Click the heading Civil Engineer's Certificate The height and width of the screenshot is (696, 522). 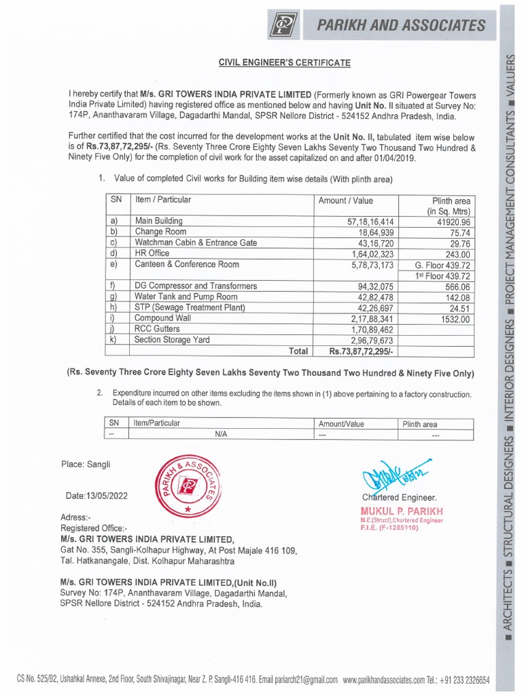(284, 63)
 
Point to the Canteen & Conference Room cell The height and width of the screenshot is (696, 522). (187, 264)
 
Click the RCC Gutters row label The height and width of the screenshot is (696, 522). (158, 328)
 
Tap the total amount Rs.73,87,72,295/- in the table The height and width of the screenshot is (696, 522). (357, 351)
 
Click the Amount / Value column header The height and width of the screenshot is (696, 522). (346, 201)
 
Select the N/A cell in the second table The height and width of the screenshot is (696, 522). (221, 434)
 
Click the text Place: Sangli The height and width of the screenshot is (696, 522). (86, 465)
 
